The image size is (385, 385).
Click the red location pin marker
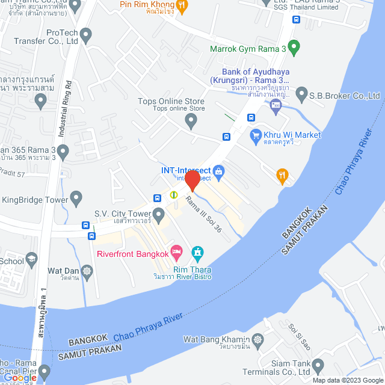click(x=192, y=180)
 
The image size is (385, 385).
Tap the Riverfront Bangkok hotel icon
click(x=176, y=250)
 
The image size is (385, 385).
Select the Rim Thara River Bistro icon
click(x=197, y=252)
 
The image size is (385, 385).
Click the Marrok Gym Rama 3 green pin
click(x=294, y=46)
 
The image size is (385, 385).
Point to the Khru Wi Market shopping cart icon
click(x=255, y=135)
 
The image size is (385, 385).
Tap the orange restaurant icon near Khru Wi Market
click(x=282, y=176)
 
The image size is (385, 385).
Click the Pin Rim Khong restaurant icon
click(x=183, y=5)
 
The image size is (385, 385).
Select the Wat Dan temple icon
click(x=88, y=272)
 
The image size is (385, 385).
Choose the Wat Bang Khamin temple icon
click(x=257, y=340)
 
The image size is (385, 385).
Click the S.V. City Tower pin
click(x=159, y=214)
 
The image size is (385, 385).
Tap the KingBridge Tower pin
click(x=76, y=197)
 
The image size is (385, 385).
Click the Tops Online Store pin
click(x=191, y=122)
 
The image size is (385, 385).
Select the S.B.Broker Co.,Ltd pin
click(x=300, y=96)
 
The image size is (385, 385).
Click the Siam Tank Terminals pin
click(x=318, y=365)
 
